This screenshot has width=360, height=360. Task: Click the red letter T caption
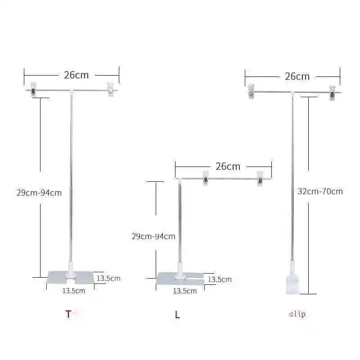(68, 314)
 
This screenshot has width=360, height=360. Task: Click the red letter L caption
(177, 315)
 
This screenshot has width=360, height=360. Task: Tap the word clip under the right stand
(297, 314)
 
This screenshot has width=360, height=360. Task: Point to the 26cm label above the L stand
(228, 166)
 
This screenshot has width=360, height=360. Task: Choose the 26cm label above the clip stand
(297, 76)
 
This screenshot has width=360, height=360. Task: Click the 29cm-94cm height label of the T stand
(39, 193)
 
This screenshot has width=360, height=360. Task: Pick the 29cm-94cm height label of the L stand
(153, 236)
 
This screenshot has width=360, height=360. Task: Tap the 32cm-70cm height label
(320, 191)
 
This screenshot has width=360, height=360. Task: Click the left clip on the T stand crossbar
(33, 89)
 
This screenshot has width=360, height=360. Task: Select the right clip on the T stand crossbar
(110, 89)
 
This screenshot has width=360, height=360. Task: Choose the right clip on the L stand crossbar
(260, 178)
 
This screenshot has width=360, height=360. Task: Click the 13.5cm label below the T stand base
(73, 291)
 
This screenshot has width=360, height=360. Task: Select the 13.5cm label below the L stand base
(185, 291)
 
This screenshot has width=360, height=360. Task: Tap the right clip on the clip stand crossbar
(332, 92)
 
